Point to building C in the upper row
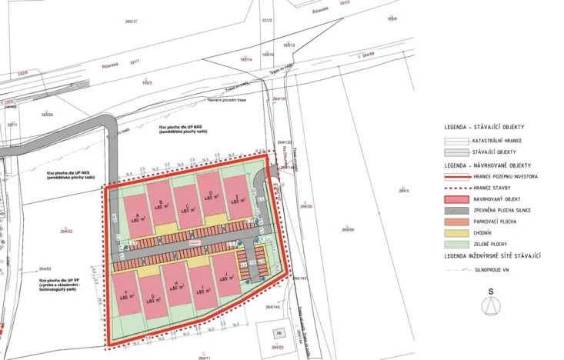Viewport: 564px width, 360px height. pos(187,204)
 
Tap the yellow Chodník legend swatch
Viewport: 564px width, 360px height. pos(459,232)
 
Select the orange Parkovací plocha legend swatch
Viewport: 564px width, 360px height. pos(459,221)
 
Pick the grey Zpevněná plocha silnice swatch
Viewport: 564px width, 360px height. pos(459,209)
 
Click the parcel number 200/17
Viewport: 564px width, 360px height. pos(130,22)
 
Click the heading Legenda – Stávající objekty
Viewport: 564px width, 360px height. pos(484,127)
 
